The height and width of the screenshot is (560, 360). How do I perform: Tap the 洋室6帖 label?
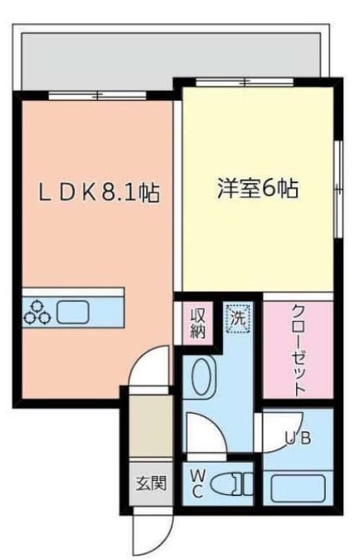pyautogui.click(x=258, y=189)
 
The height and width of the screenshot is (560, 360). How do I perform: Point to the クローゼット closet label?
pyautogui.click(x=298, y=350)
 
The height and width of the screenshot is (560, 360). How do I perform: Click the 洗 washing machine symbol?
pyautogui.click(x=237, y=318)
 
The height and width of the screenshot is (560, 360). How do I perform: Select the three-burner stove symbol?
pyautogui.click(x=37, y=312)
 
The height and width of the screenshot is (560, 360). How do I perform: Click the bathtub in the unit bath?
pyautogui.click(x=297, y=485)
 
